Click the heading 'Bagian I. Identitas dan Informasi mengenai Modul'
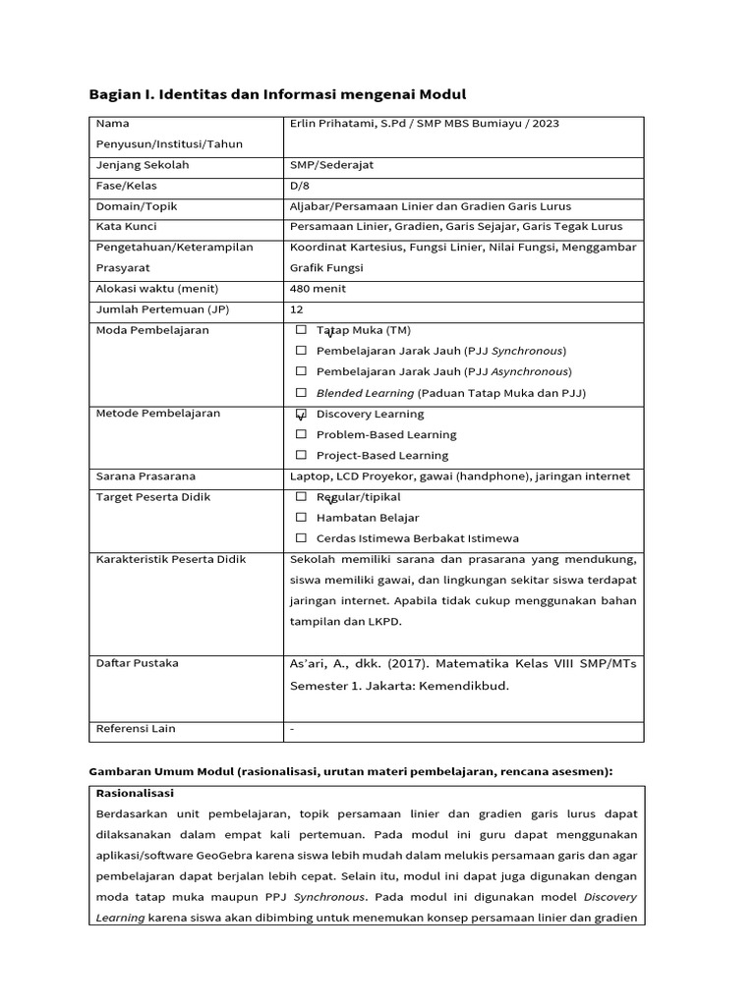click(277, 94)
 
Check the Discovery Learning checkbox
click(301, 415)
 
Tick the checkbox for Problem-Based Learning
click(301, 434)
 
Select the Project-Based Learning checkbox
click(301, 455)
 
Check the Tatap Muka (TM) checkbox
click(301, 330)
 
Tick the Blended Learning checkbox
click(301, 392)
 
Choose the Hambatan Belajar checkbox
click(301, 517)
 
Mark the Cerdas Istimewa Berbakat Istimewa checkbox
click(301, 538)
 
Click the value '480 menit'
click(318, 289)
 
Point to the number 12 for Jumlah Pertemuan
click(296, 309)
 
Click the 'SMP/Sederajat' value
click(331, 165)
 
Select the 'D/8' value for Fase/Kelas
click(299, 186)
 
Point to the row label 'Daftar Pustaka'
click(137, 663)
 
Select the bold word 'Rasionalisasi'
click(135, 793)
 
